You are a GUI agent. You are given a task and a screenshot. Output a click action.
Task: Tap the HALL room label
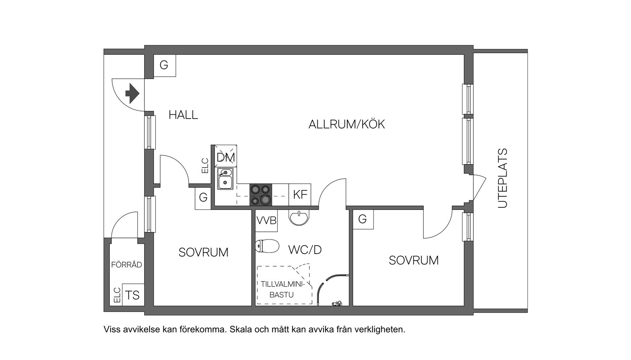(x=183, y=115)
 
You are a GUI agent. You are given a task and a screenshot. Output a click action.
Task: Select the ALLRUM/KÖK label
(x=346, y=124)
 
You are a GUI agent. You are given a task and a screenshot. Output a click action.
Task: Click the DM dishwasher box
(x=226, y=157)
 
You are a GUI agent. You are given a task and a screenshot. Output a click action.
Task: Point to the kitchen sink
(x=226, y=179)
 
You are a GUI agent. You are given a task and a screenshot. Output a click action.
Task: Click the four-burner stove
(x=261, y=195)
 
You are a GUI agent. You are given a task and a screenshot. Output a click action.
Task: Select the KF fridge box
(x=300, y=195)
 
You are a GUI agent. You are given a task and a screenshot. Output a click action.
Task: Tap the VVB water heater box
(x=266, y=221)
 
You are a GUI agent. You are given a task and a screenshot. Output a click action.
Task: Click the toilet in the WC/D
(x=267, y=246)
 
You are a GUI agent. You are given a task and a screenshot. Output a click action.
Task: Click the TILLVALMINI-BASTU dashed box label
(x=282, y=289)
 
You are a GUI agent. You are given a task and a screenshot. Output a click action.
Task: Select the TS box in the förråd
(x=133, y=295)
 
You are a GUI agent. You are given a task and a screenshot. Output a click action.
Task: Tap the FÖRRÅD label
(x=127, y=265)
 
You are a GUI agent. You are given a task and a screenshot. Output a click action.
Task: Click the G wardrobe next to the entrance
(x=164, y=65)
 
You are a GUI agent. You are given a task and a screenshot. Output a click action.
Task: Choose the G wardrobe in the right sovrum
(x=362, y=219)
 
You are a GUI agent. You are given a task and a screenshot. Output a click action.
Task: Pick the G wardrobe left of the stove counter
(x=203, y=197)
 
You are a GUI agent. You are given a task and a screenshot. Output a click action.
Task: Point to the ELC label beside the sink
(x=205, y=166)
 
